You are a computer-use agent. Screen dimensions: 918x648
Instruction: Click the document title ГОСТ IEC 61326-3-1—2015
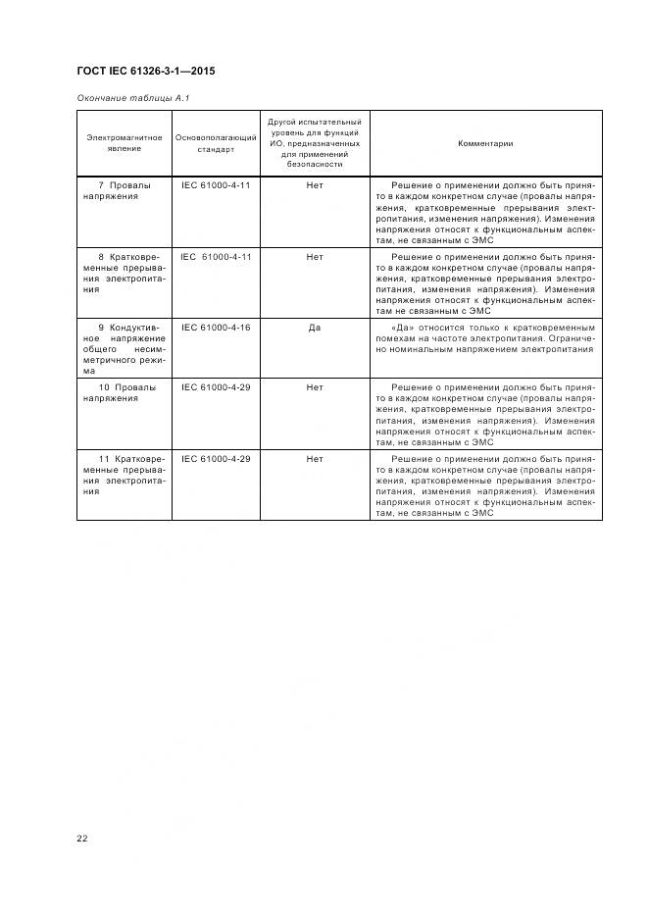(x=145, y=72)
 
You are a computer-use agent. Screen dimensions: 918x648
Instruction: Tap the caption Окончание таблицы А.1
(x=126, y=99)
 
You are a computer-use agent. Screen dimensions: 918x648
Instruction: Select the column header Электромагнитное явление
(x=125, y=143)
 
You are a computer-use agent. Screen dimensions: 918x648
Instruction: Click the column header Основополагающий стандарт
(x=216, y=143)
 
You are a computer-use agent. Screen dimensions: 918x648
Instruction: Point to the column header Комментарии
(x=485, y=143)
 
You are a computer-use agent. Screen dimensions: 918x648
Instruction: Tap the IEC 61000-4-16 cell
(x=216, y=327)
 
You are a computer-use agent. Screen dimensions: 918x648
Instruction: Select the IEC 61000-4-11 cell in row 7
(x=216, y=184)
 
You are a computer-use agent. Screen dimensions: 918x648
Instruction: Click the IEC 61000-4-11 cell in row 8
(x=216, y=256)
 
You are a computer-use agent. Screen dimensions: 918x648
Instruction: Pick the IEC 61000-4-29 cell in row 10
(x=216, y=387)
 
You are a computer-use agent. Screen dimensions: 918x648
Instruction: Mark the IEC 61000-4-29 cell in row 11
(x=216, y=459)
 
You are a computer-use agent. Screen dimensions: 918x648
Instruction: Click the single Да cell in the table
(x=314, y=327)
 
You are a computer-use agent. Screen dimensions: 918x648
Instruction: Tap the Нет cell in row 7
(x=314, y=184)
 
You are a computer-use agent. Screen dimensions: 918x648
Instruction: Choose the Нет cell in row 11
(x=314, y=459)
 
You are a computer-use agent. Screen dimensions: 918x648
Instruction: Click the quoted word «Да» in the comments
(x=400, y=327)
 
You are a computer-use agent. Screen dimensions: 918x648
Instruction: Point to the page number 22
(x=82, y=839)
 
